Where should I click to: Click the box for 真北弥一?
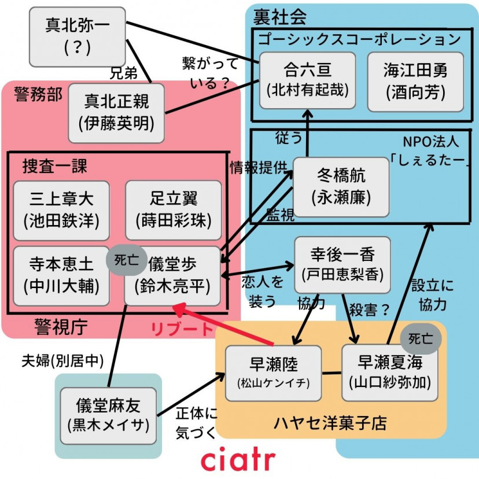(78, 36)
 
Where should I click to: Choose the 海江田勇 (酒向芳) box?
(415, 80)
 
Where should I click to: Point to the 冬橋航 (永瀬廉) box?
(341, 186)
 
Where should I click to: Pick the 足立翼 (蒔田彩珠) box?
(173, 210)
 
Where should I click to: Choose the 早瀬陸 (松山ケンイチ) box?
(273, 373)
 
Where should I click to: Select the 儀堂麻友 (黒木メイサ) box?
(108, 415)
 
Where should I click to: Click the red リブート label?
(182, 329)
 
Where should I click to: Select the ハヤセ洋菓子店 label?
(330, 423)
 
